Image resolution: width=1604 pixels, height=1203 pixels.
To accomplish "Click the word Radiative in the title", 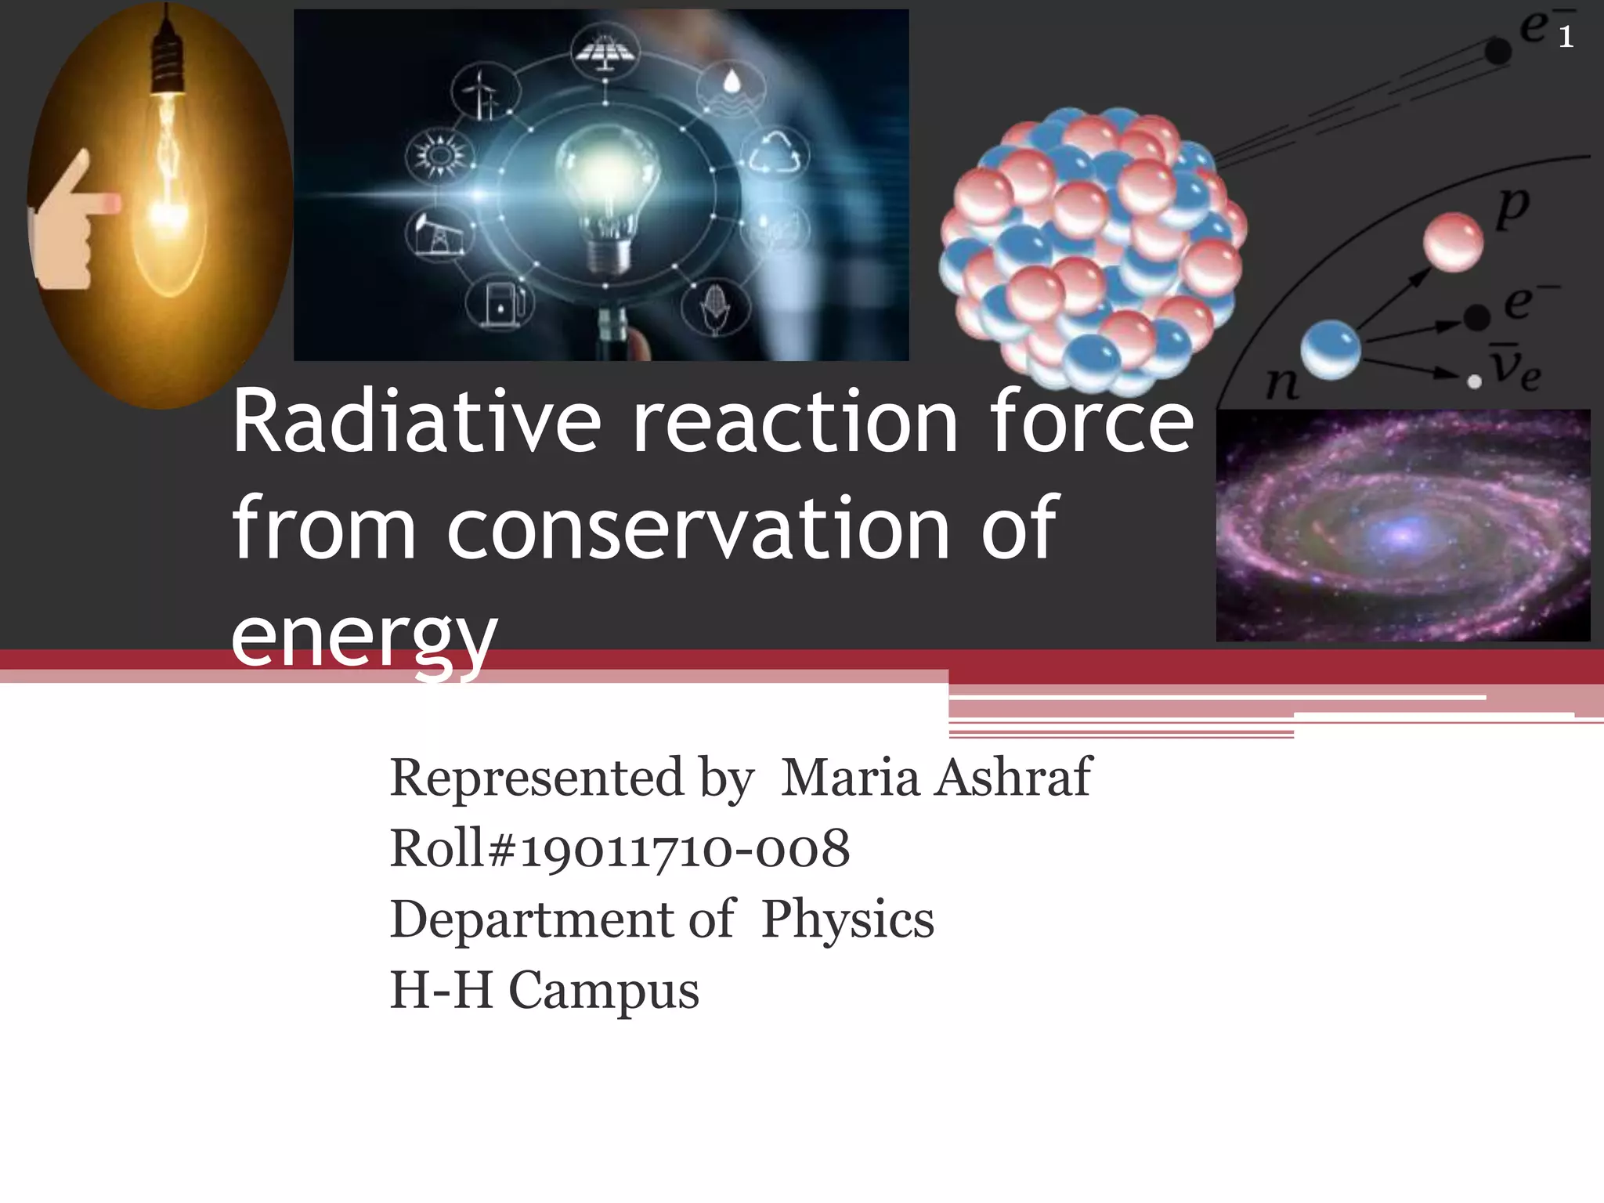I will click(x=417, y=423).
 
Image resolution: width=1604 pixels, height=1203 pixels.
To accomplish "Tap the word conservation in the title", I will click(x=699, y=530).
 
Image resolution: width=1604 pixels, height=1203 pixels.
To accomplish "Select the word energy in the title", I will click(x=364, y=636).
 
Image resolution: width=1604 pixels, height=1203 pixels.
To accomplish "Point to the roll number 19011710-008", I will click(x=685, y=849).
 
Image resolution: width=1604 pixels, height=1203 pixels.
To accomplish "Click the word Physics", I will click(x=848, y=919).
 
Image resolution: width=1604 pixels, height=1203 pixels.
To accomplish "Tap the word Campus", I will click(x=604, y=990).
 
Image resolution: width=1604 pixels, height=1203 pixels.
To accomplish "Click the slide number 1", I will click(x=1566, y=37).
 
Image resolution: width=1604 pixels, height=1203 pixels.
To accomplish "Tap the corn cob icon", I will click(x=715, y=306).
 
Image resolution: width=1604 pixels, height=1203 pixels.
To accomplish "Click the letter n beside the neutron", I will click(x=1282, y=384).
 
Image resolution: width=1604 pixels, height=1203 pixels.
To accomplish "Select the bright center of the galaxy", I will click(x=1402, y=535).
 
